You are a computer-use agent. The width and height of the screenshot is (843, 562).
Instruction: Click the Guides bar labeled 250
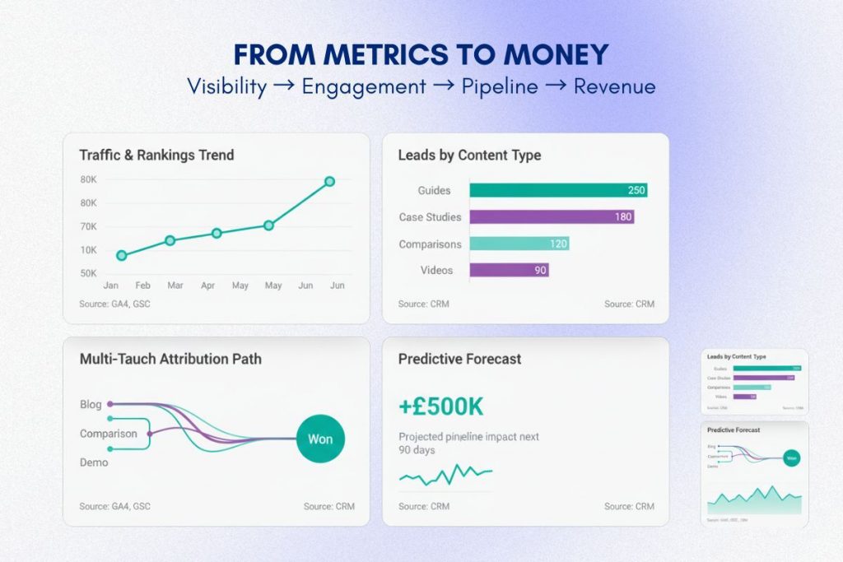pyautogui.click(x=558, y=190)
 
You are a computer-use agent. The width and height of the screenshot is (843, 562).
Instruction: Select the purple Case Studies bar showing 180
pyautogui.click(x=552, y=217)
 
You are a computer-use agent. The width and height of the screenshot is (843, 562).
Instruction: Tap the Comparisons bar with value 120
pyautogui.click(x=519, y=244)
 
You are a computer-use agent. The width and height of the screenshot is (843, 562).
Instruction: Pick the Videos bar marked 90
pyautogui.click(x=509, y=270)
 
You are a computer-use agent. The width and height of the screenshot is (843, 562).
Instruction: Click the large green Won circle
pyautogui.click(x=320, y=439)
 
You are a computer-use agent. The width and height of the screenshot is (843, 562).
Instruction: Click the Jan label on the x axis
pyautogui.click(x=110, y=286)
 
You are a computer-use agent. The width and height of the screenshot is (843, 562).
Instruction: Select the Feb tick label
pyautogui.click(x=143, y=286)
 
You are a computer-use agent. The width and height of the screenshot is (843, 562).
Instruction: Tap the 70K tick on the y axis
pyautogui.click(x=88, y=226)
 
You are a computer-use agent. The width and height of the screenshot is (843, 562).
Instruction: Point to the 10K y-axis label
pyautogui.click(x=88, y=250)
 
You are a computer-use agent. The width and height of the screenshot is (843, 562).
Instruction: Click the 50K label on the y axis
pyautogui.click(x=88, y=273)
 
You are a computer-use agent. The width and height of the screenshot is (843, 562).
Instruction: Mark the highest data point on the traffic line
pyautogui.click(x=329, y=181)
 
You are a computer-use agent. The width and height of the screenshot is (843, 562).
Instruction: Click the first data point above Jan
pyautogui.click(x=122, y=256)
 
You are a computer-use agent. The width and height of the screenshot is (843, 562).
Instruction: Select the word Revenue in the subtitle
pyautogui.click(x=614, y=86)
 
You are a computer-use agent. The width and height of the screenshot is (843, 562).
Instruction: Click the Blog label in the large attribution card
pyautogui.click(x=91, y=405)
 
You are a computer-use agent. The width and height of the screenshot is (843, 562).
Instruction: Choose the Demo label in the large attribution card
pyautogui.click(x=94, y=462)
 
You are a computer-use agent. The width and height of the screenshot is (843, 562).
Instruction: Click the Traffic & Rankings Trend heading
pyautogui.click(x=156, y=155)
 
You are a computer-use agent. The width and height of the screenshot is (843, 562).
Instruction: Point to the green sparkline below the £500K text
pyautogui.click(x=445, y=474)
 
